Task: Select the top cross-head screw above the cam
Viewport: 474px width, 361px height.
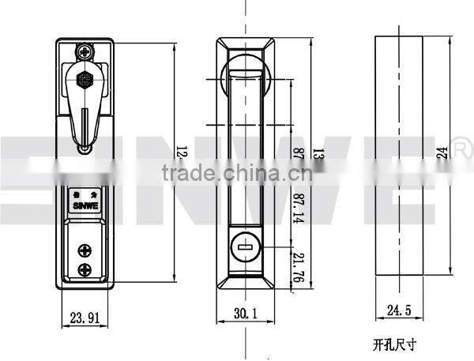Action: click(x=85, y=52)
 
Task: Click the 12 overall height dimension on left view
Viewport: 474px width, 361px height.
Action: click(x=180, y=150)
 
